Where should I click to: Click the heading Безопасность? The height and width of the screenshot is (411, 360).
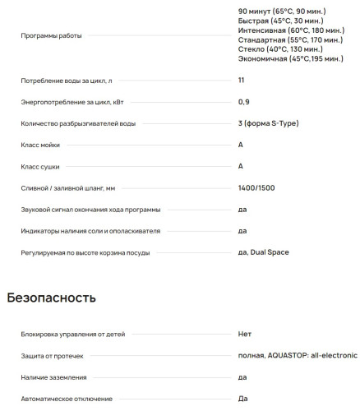pyautogui.click(x=52, y=298)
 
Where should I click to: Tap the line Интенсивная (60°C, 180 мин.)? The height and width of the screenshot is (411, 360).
pyautogui.click(x=285, y=30)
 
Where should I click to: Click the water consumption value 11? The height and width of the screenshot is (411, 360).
pyautogui.click(x=241, y=81)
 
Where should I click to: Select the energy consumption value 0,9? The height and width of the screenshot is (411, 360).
pyautogui.click(x=242, y=102)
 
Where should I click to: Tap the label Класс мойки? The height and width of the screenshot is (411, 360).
pyautogui.click(x=40, y=145)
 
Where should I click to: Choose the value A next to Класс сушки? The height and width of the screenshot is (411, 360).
pyautogui.click(x=240, y=166)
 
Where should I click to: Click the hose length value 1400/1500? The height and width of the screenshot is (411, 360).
pyautogui.click(x=254, y=187)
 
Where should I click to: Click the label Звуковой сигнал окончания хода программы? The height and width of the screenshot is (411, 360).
pyautogui.click(x=90, y=209)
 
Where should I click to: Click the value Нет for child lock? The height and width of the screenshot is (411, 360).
pyautogui.click(x=244, y=334)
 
